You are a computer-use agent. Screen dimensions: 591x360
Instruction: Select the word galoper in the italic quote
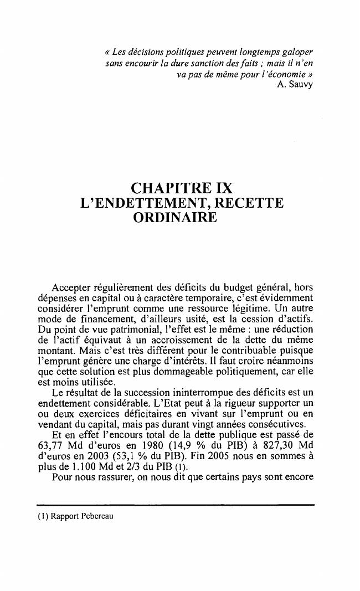(298, 52)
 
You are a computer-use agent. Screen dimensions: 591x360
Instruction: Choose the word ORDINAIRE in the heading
(174, 219)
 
